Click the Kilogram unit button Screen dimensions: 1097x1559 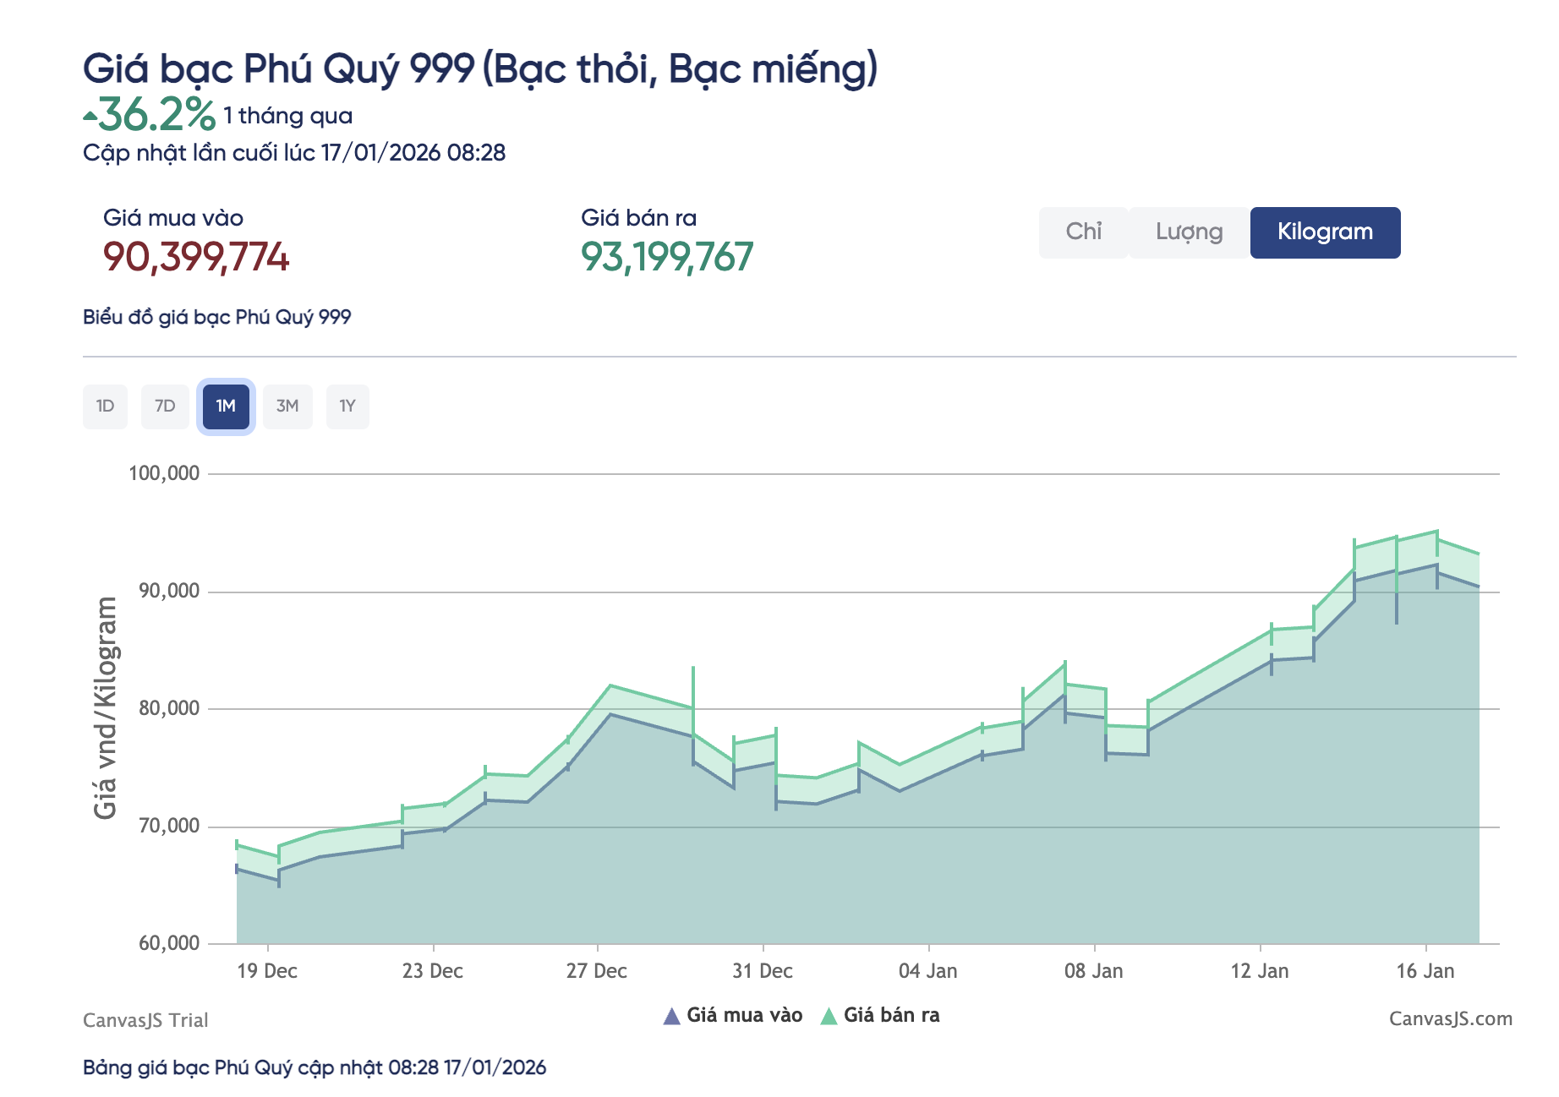[1324, 232]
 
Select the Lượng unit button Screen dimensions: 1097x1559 [1189, 232]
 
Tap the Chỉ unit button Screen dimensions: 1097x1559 [1083, 232]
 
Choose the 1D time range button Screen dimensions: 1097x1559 [105, 407]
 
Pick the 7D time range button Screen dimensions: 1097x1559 [165, 407]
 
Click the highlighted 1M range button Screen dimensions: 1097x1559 [226, 407]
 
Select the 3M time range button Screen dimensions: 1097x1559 [287, 407]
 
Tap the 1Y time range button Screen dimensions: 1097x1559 [347, 407]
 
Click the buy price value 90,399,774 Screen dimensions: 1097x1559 [196, 257]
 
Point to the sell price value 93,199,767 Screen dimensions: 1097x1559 [667, 257]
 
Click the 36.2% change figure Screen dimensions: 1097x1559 [156, 115]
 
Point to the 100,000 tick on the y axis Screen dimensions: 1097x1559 [164, 473]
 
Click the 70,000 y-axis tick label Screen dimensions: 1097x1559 [169, 826]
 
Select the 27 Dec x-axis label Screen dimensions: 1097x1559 [597, 971]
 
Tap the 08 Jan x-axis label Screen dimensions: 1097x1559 [1093, 971]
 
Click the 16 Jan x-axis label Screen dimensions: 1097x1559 [1425, 971]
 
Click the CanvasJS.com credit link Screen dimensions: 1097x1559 [1450, 1019]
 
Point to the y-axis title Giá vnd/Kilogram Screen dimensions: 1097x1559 [106, 708]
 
